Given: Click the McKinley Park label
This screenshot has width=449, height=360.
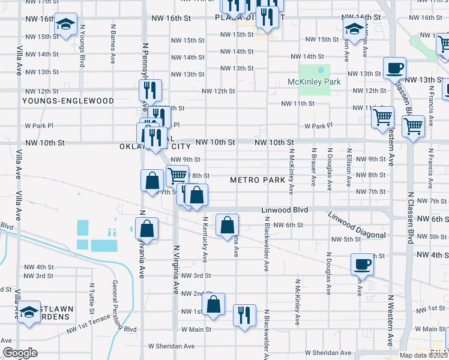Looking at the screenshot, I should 314,82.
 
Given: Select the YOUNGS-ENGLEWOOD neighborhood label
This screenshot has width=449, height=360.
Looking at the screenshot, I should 68,101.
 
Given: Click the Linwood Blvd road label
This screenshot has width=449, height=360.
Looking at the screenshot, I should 285,210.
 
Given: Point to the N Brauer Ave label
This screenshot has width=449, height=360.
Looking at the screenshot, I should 313,167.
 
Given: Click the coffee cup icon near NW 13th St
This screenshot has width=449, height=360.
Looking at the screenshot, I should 394,68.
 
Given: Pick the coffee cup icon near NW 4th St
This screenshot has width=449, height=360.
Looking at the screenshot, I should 363,263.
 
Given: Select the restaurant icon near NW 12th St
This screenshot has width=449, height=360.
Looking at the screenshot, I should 149,90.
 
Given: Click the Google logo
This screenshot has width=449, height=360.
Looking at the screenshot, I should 20,353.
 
